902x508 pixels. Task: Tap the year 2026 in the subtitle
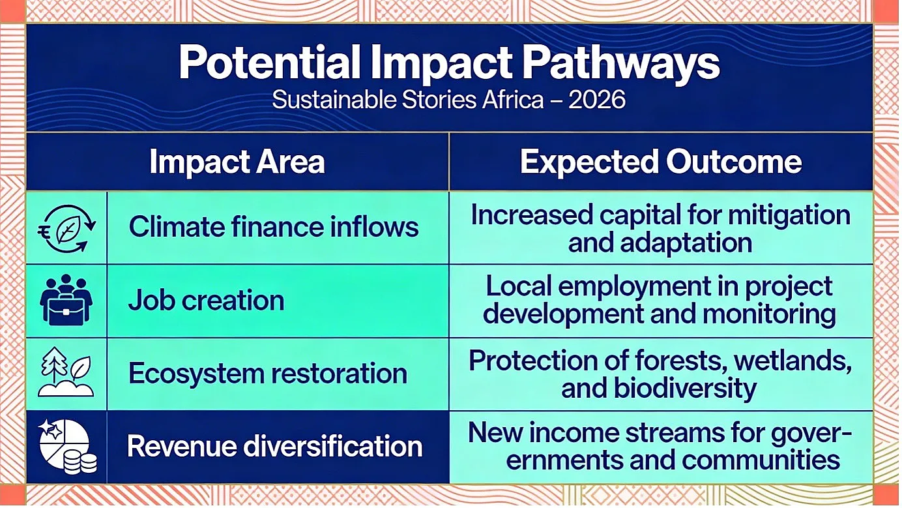point(597,100)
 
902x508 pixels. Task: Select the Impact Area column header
point(237,162)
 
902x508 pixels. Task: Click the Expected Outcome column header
point(661,162)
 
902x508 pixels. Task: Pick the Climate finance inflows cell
point(274,226)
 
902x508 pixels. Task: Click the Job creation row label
point(206,301)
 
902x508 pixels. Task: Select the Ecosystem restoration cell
point(268,374)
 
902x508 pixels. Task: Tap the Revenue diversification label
point(274,446)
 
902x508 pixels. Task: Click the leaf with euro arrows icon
point(67,228)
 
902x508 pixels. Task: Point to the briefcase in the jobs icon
point(66,310)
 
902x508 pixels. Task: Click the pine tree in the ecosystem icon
point(54,365)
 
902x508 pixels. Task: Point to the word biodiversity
point(685,389)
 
